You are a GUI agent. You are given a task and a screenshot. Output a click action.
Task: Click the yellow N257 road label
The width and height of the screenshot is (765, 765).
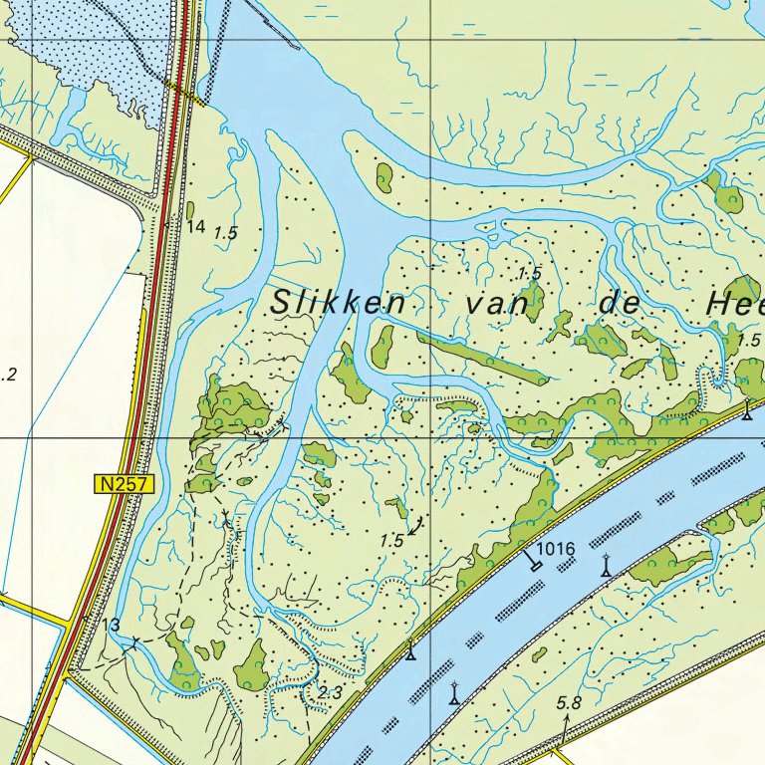[x=125, y=484]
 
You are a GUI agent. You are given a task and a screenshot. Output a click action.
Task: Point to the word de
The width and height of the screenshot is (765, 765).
[x=623, y=304]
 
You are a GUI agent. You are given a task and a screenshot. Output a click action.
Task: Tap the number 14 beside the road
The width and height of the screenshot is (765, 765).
[x=195, y=227]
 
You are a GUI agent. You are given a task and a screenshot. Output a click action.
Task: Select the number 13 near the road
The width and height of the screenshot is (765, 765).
[x=112, y=625]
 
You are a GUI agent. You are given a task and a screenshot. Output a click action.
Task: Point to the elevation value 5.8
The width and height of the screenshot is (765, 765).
[x=569, y=703]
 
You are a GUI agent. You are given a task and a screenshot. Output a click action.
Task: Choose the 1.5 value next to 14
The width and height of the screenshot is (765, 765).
[x=226, y=233]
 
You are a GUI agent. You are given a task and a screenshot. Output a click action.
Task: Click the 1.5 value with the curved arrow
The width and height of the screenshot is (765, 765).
[x=392, y=540]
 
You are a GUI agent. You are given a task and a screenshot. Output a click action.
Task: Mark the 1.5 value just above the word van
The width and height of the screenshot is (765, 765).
[x=529, y=272]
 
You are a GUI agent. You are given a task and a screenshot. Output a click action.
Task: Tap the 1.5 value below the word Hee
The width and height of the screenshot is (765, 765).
[x=749, y=341]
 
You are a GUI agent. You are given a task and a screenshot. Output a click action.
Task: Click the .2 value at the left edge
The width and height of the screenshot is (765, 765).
[x=9, y=375]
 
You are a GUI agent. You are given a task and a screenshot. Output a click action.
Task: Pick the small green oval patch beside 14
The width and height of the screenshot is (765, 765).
[x=189, y=210]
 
